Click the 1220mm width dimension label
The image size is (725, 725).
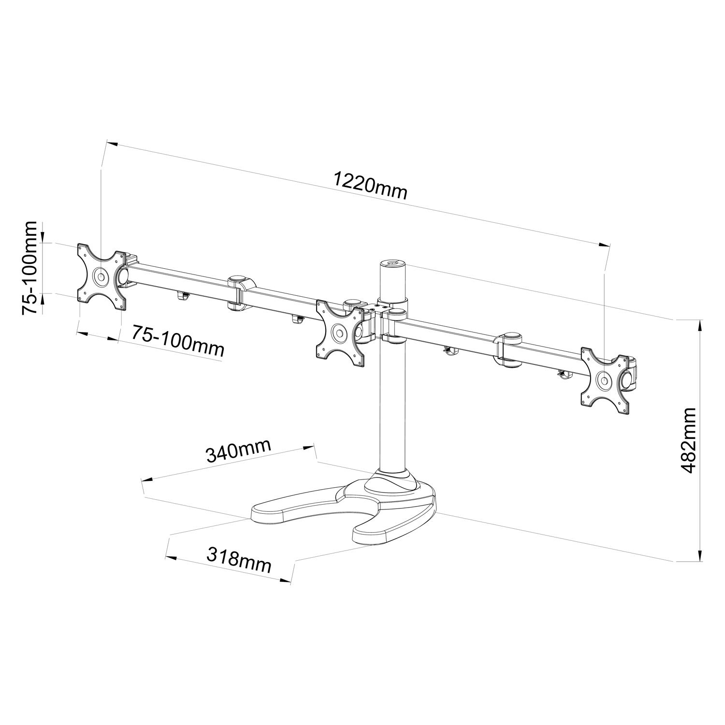click(x=371, y=187)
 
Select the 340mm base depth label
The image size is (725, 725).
click(x=238, y=450)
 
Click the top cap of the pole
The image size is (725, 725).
click(x=391, y=264)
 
